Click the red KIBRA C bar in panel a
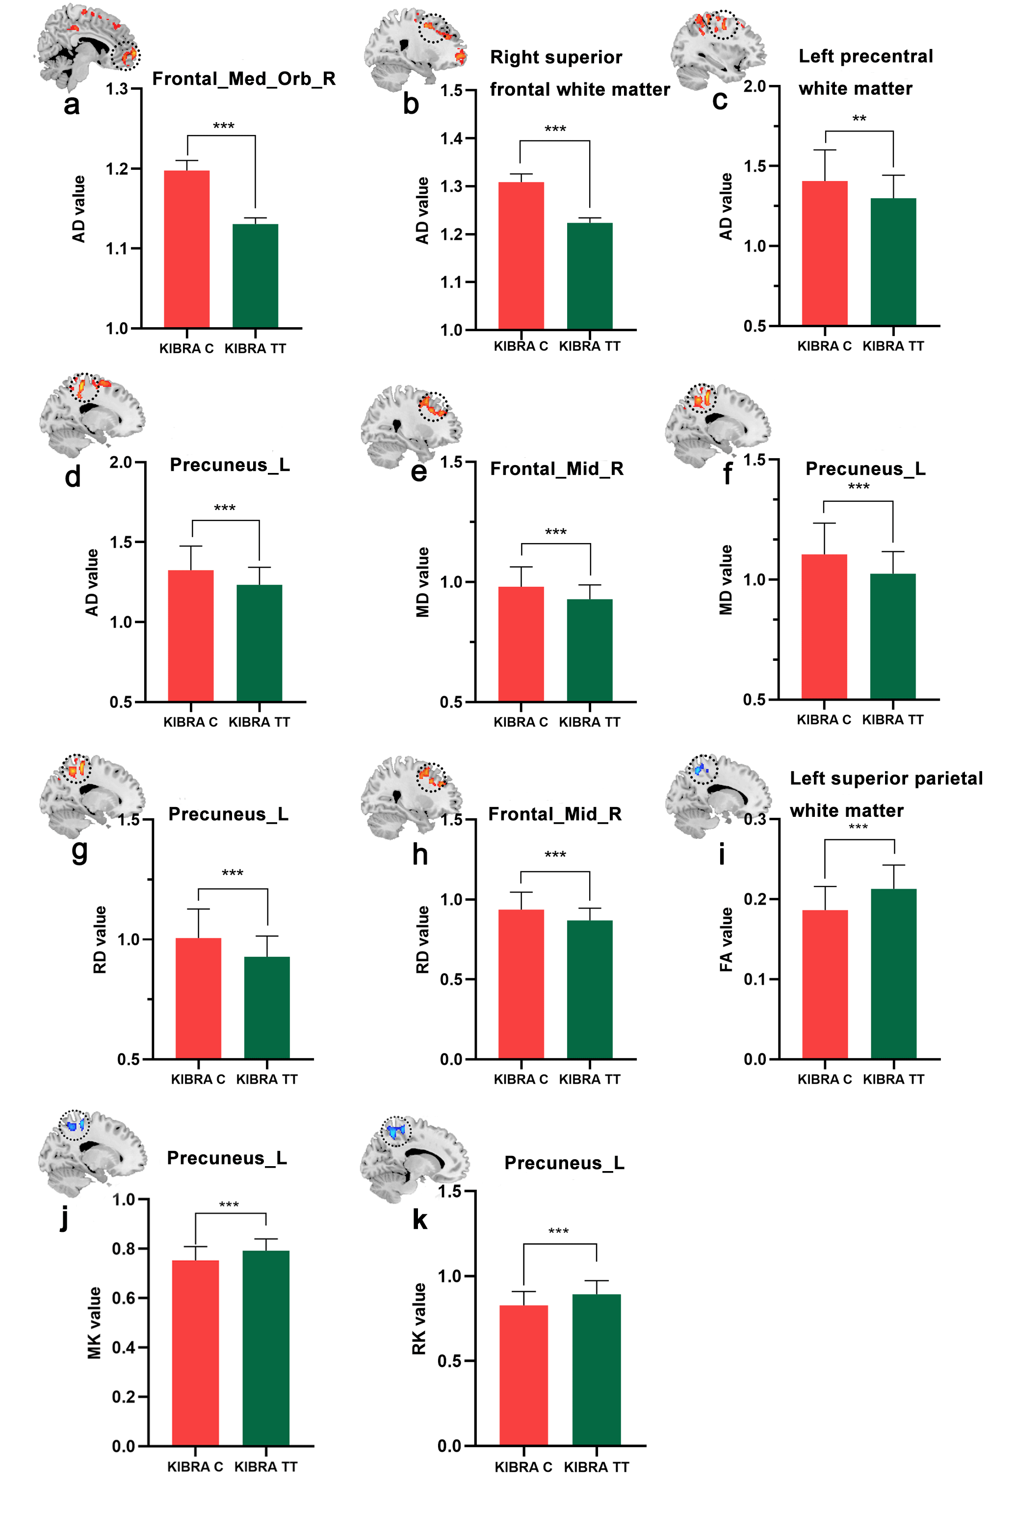[x=186, y=249]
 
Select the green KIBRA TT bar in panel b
[x=589, y=276]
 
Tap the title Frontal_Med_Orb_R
[x=244, y=79]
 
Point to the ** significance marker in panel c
[x=859, y=119]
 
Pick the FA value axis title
[x=727, y=939]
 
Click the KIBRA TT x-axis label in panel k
[x=596, y=1467]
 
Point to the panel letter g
[x=79, y=850]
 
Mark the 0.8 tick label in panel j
[x=123, y=1248]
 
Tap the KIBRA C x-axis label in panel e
[x=521, y=722]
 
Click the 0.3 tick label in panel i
[x=755, y=820]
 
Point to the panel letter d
[x=73, y=477]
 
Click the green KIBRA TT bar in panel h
[x=589, y=990]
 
